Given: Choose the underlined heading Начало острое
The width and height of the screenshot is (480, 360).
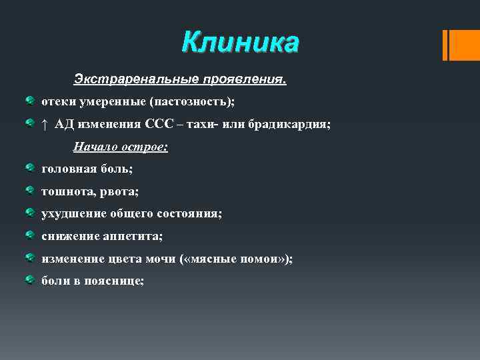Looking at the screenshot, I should coord(121,147).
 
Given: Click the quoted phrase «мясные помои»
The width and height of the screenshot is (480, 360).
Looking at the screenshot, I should coord(237,259).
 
